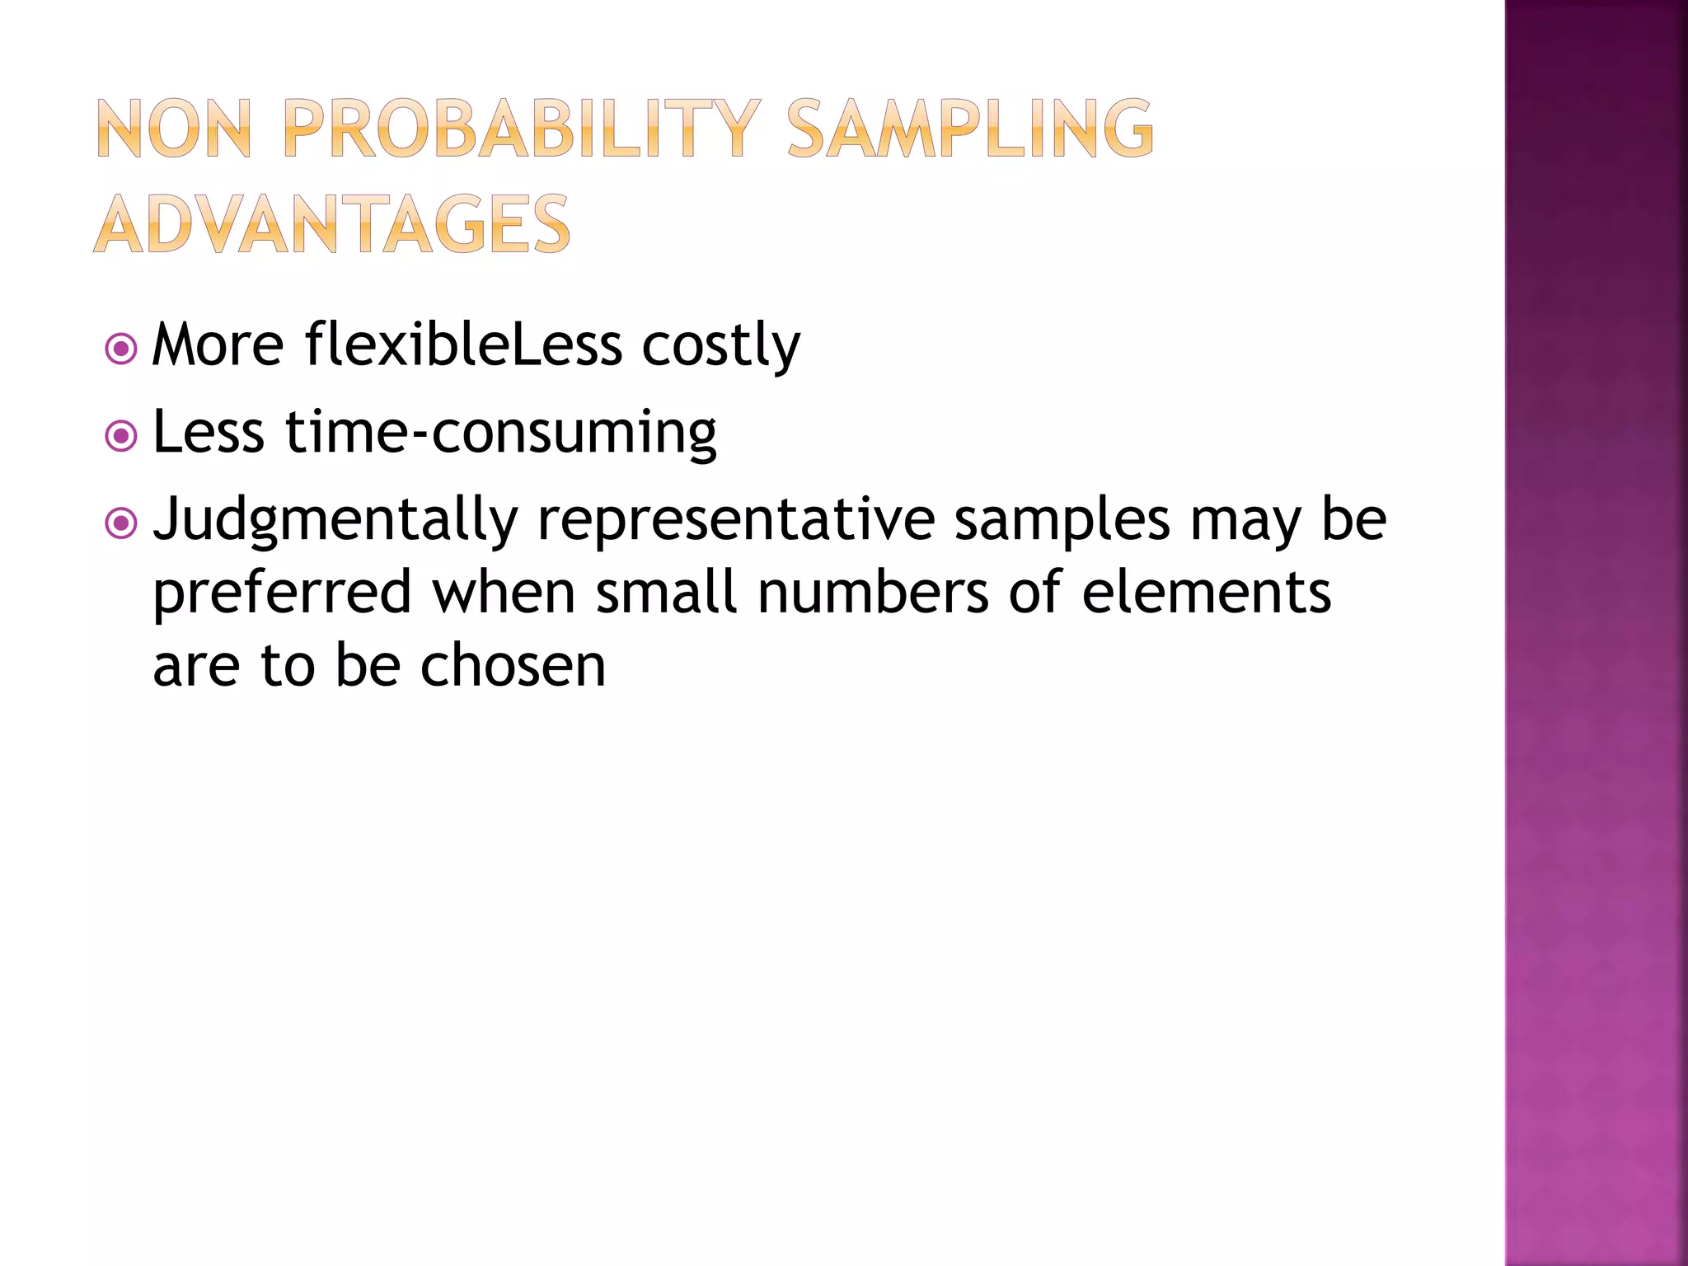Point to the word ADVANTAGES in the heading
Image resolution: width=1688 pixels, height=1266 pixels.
click(x=331, y=224)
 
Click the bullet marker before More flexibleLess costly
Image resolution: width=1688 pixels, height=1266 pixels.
click(x=121, y=349)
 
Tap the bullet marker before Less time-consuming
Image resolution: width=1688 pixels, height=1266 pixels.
click(x=121, y=436)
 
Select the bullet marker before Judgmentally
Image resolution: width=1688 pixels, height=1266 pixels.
click(x=121, y=523)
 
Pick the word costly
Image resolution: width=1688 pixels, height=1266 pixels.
click(x=720, y=346)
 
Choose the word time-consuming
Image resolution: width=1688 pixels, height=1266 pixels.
click(x=500, y=433)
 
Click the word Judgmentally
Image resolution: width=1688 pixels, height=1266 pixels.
click(x=335, y=521)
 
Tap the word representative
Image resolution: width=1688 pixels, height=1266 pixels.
click(x=736, y=521)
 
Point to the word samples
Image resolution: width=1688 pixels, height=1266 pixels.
click(x=1062, y=521)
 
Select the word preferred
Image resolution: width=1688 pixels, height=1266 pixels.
click(x=282, y=593)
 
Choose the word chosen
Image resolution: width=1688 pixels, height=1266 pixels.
click(x=513, y=665)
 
